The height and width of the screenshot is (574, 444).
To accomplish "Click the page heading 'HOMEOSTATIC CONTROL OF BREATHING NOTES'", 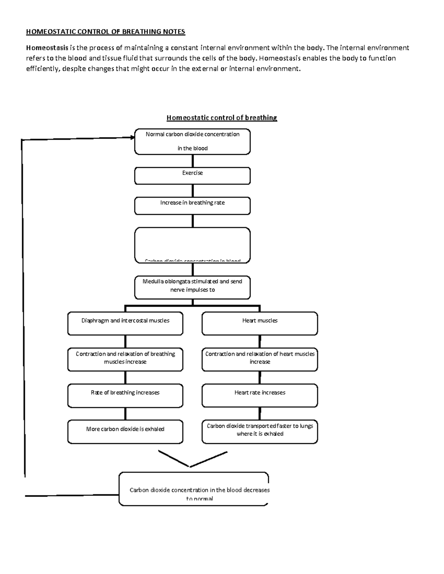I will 105,32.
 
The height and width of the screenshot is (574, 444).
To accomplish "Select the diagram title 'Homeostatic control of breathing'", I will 222,118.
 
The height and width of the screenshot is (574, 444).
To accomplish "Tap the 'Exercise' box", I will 192,176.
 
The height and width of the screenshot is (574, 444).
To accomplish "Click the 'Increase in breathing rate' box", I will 192,206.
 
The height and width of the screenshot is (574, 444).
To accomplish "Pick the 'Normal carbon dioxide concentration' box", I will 192,142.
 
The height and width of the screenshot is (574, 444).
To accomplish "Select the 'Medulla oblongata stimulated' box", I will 192,287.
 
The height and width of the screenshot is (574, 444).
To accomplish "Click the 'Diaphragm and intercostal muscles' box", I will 125,323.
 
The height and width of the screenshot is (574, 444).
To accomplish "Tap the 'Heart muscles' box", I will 260,323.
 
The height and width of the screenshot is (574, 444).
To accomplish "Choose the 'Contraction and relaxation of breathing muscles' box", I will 125,359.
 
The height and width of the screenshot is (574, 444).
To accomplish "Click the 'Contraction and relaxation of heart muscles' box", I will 260,359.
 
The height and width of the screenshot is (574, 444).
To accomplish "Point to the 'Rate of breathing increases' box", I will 125,395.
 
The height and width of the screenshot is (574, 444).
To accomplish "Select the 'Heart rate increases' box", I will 260,395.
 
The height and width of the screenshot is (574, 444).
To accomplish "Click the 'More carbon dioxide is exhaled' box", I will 125,431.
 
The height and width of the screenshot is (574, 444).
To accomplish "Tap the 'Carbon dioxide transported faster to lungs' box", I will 260,431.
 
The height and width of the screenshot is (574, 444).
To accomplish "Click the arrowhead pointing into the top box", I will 132,137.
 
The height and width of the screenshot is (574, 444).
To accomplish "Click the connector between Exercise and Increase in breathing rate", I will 193,191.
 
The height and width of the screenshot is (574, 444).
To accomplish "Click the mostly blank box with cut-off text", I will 192,245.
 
